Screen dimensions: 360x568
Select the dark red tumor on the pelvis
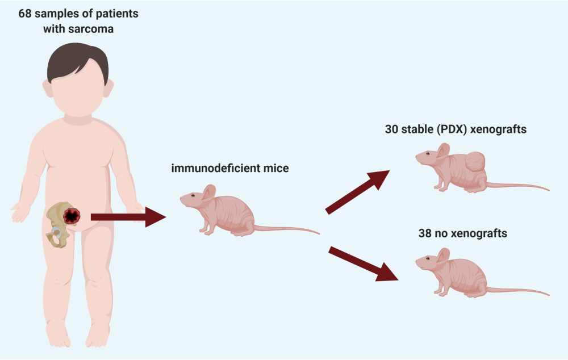tap(72, 216)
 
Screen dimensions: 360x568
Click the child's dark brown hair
tap(78, 59)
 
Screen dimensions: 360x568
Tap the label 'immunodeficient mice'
tap(230, 168)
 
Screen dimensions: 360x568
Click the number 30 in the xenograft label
tap(391, 129)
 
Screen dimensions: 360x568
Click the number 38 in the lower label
tap(431, 233)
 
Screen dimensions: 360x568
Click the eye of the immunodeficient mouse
tap(193, 196)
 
